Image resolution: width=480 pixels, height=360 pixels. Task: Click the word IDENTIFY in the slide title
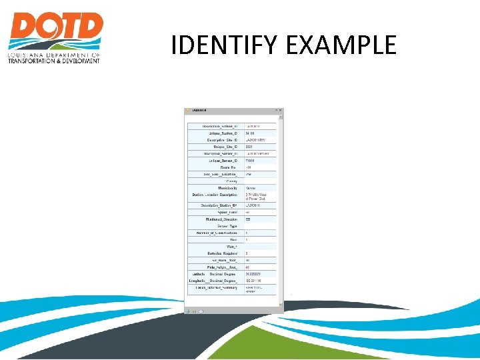click(221, 45)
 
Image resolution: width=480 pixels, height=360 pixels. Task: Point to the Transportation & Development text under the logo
click(53, 61)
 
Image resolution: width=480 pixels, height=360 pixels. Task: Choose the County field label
click(232, 181)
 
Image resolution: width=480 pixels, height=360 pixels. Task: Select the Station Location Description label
click(215, 195)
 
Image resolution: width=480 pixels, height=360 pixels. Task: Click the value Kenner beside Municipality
click(251, 188)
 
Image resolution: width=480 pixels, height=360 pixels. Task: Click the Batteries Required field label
click(219, 253)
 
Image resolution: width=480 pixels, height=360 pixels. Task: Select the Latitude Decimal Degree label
click(215, 273)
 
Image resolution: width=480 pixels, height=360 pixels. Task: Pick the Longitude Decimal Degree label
click(214, 281)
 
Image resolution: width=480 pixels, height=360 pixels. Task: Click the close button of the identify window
click(281, 111)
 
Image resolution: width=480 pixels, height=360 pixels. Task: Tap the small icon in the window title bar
click(189, 111)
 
